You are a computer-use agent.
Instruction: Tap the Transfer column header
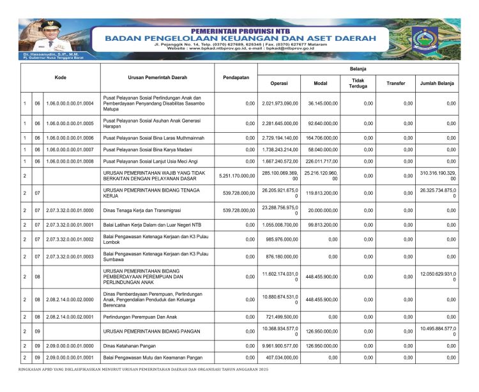(395, 84)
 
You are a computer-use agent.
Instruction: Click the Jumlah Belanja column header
(437, 84)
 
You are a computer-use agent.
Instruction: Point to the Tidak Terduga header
(358, 84)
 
